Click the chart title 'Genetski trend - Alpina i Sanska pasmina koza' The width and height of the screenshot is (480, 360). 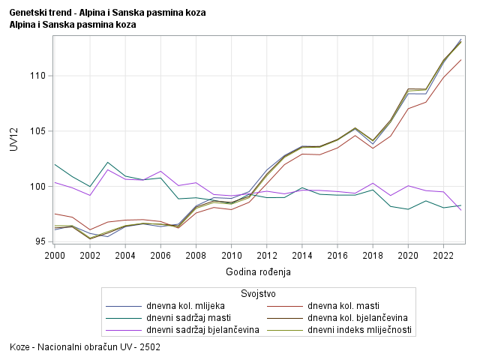pyautogui.click(x=107, y=13)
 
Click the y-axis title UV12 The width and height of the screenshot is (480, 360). pyautogui.click(x=13, y=139)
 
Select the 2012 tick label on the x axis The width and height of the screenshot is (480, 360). pyautogui.click(x=266, y=255)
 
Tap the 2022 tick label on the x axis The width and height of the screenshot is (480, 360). pyautogui.click(x=443, y=255)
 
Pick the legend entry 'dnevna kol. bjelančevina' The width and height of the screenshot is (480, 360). pyautogui.click(x=357, y=318)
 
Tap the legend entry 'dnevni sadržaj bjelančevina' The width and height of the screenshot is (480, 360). pyautogui.click(x=199, y=330)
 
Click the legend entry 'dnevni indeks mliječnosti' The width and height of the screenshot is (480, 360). pyautogui.click(x=359, y=330)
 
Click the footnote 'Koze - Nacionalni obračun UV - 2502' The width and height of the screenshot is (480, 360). pyautogui.click(x=85, y=348)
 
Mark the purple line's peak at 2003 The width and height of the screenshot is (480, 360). pyautogui.click(x=107, y=169)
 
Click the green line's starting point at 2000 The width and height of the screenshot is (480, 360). pyautogui.click(x=54, y=164)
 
